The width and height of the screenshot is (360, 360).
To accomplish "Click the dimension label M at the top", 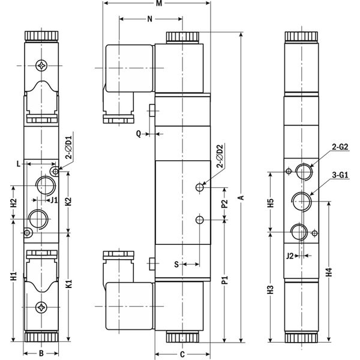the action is [159, 4].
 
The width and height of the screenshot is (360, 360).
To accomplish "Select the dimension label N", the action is [149, 19].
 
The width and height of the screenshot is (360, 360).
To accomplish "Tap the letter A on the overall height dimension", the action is [241, 197].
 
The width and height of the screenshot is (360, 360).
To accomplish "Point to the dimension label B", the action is [41, 353].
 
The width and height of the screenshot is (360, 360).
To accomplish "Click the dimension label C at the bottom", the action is [182, 355].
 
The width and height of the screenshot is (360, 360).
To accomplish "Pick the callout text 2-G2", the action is [340, 147].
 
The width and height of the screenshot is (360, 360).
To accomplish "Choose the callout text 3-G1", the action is [340, 175].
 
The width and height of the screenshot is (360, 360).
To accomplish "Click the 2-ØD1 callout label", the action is [68, 148].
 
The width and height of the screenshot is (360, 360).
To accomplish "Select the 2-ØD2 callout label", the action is [220, 156].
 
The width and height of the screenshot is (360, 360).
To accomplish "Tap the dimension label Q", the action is [139, 134].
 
